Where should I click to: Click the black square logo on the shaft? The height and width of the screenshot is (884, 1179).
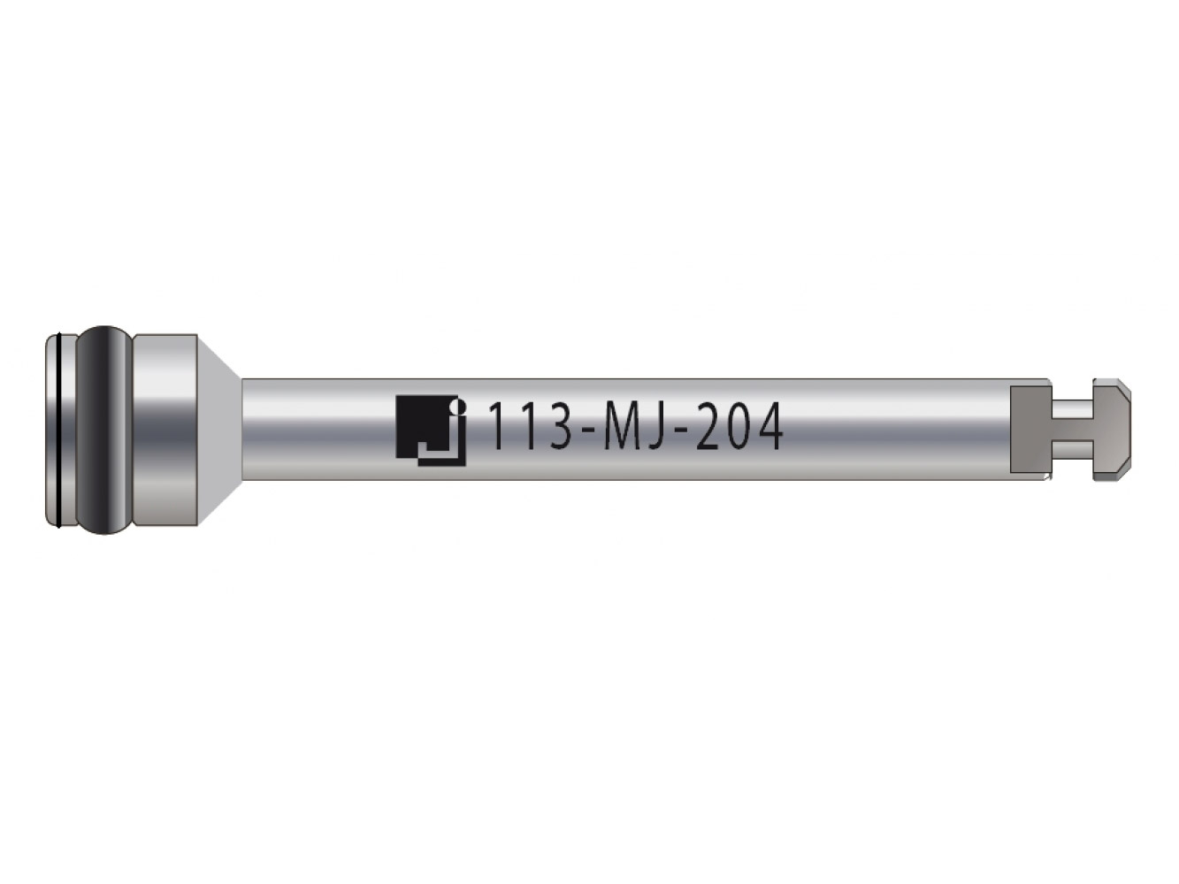pos(429,431)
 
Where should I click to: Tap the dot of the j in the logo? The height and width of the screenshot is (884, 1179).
pos(456,402)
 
